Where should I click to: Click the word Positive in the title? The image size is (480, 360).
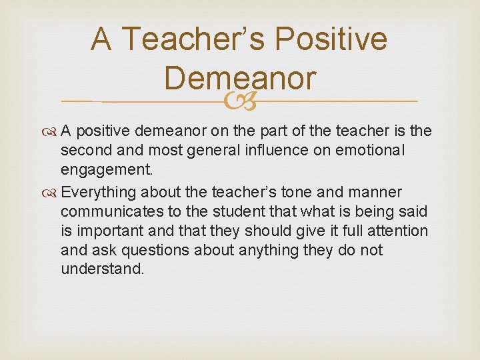pyautogui.click(x=331, y=39)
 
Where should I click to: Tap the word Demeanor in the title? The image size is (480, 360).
pyautogui.click(x=239, y=77)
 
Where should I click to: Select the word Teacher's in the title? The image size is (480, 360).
pyautogui.click(x=194, y=39)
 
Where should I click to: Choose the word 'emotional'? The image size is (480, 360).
pyautogui.click(x=381, y=151)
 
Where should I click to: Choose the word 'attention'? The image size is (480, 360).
pyautogui.click(x=395, y=231)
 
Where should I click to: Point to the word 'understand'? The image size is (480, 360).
pyautogui.click(x=102, y=269)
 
